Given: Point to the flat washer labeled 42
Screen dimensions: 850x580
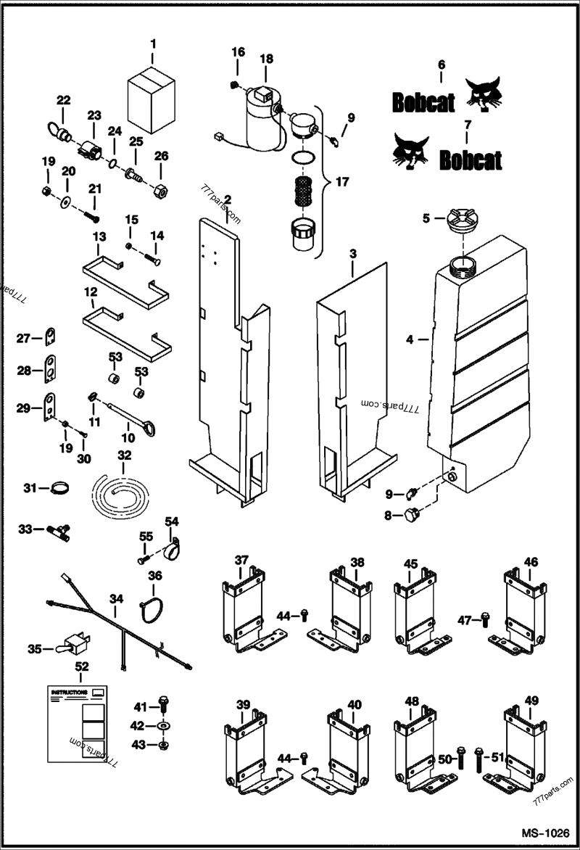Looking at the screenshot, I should pos(165,725).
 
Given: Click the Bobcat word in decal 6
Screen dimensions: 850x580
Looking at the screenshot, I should pos(423,103).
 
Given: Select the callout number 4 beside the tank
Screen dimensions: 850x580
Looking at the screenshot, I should pos(410,339).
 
